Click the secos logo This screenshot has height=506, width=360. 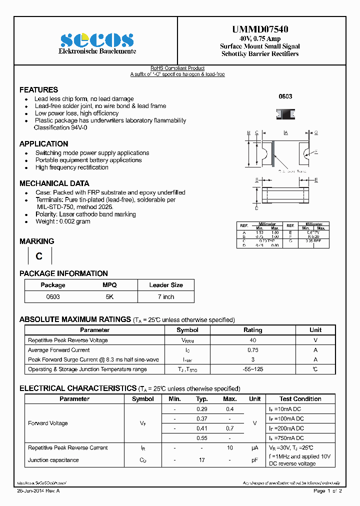pyautogui.click(x=97, y=40)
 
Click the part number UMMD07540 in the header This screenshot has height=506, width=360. pyautogui.click(x=260, y=29)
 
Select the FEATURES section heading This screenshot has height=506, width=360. pyautogui.click(x=38, y=90)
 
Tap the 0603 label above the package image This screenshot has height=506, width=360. pyautogui.click(x=285, y=96)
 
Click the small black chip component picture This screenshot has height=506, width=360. pyautogui.click(x=285, y=114)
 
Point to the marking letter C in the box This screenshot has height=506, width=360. pyautogui.click(x=39, y=256)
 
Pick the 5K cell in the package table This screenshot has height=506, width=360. pyautogui.click(x=109, y=296)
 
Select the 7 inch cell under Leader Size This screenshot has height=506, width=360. pyautogui.click(x=166, y=296)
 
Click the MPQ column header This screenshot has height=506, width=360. pyautogui.click(x=109, y=285)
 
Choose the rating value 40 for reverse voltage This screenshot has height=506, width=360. pyautogui.click(x=252, y=340)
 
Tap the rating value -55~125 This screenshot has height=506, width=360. pyautogui.click(x=252, y=369)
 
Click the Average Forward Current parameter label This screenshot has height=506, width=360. pyautogui.click(x=59, y=350)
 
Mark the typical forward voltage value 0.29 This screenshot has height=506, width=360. pyautogui.click(x=202, y=409)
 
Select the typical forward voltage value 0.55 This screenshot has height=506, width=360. pyautogui.click(x=202, y=437)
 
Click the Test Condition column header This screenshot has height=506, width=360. pyautogui.click(x=300, y=399)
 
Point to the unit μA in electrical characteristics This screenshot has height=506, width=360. pyautogui.click(x=254, y=448)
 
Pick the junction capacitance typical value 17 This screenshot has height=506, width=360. pyautogui.click(x=202, y=460)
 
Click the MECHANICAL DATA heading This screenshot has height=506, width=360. pyautogui.click(x=54, y=183)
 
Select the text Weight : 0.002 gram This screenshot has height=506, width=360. pyautogui.click(x=62, y=221)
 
